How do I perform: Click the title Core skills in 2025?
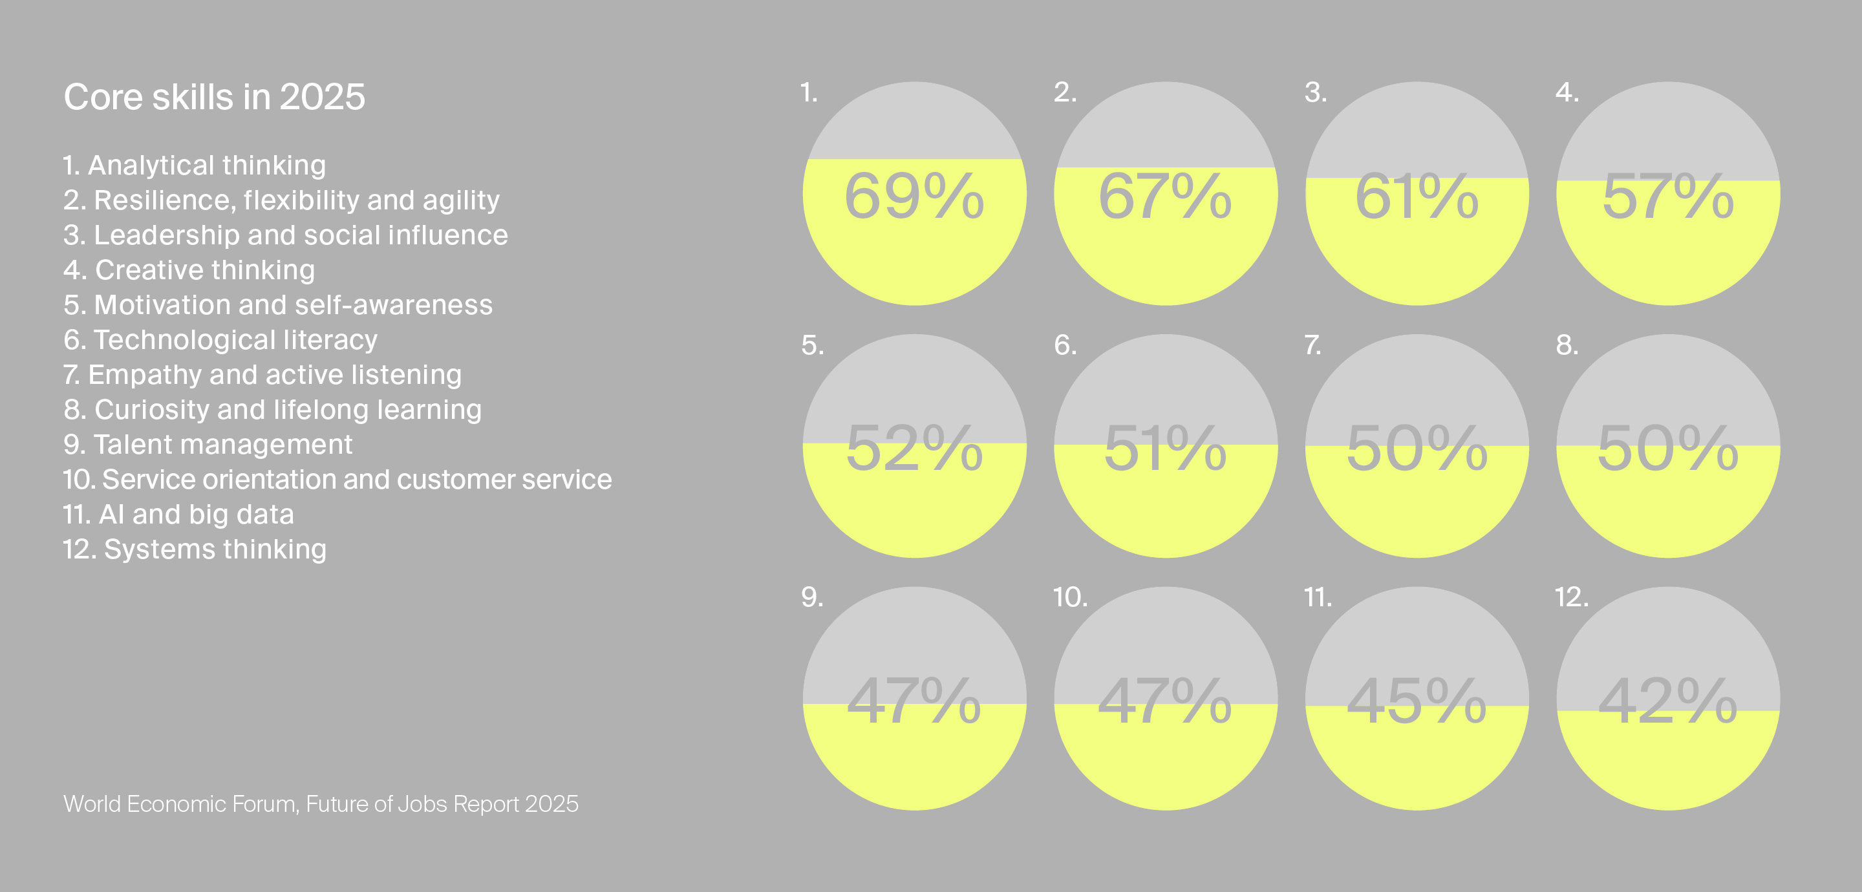[x=215, y=97]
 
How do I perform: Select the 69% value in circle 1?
[x=914, y=196]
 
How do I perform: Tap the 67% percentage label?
[x=1165, y=196]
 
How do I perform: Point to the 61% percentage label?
[x=1417, y=196]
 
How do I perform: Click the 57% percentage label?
[x=1668, y=196]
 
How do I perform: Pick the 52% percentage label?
[x=914, y=448]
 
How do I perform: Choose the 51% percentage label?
[x=1165, y=448]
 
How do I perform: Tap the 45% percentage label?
[x=1417, y=701]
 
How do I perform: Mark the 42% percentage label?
[x=1668, y=701]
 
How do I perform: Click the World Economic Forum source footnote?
[x=321, y=804]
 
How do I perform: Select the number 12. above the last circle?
[x=1572, y=597]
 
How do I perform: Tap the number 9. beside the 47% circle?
[x=813, y=597]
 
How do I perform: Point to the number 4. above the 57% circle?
[x=1567, y=92]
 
